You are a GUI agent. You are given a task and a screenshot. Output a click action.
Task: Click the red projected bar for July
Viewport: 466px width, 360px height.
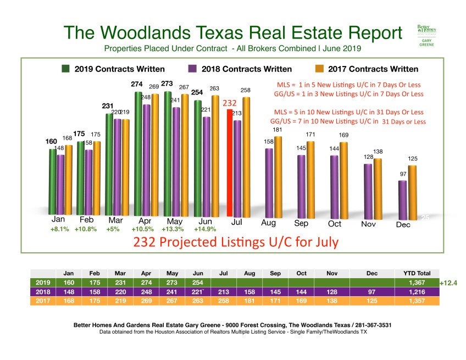pyautogui.click(x=231, y=162)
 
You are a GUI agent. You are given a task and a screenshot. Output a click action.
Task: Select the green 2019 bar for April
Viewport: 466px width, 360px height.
pyautogui.click(x=139, y=154)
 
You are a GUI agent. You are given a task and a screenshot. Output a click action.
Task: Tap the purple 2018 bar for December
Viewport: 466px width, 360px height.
pyautogui.click(x=402, y=198)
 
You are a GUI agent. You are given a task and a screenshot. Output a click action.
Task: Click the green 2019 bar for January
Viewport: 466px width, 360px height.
pyautogui.click(x=53, y=181)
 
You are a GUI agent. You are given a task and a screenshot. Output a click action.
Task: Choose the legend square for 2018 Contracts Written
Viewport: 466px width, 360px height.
pyautogui.click(x=192, y=69)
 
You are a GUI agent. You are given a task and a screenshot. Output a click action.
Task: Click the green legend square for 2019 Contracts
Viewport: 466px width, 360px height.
pyautogui.click(x=65, y=69)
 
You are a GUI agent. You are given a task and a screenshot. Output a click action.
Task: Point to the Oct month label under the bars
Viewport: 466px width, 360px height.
pyautogui.click(x=335, y=224)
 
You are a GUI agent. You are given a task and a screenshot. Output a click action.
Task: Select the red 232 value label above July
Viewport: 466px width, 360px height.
pyautogui.click(x=229, y=103)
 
